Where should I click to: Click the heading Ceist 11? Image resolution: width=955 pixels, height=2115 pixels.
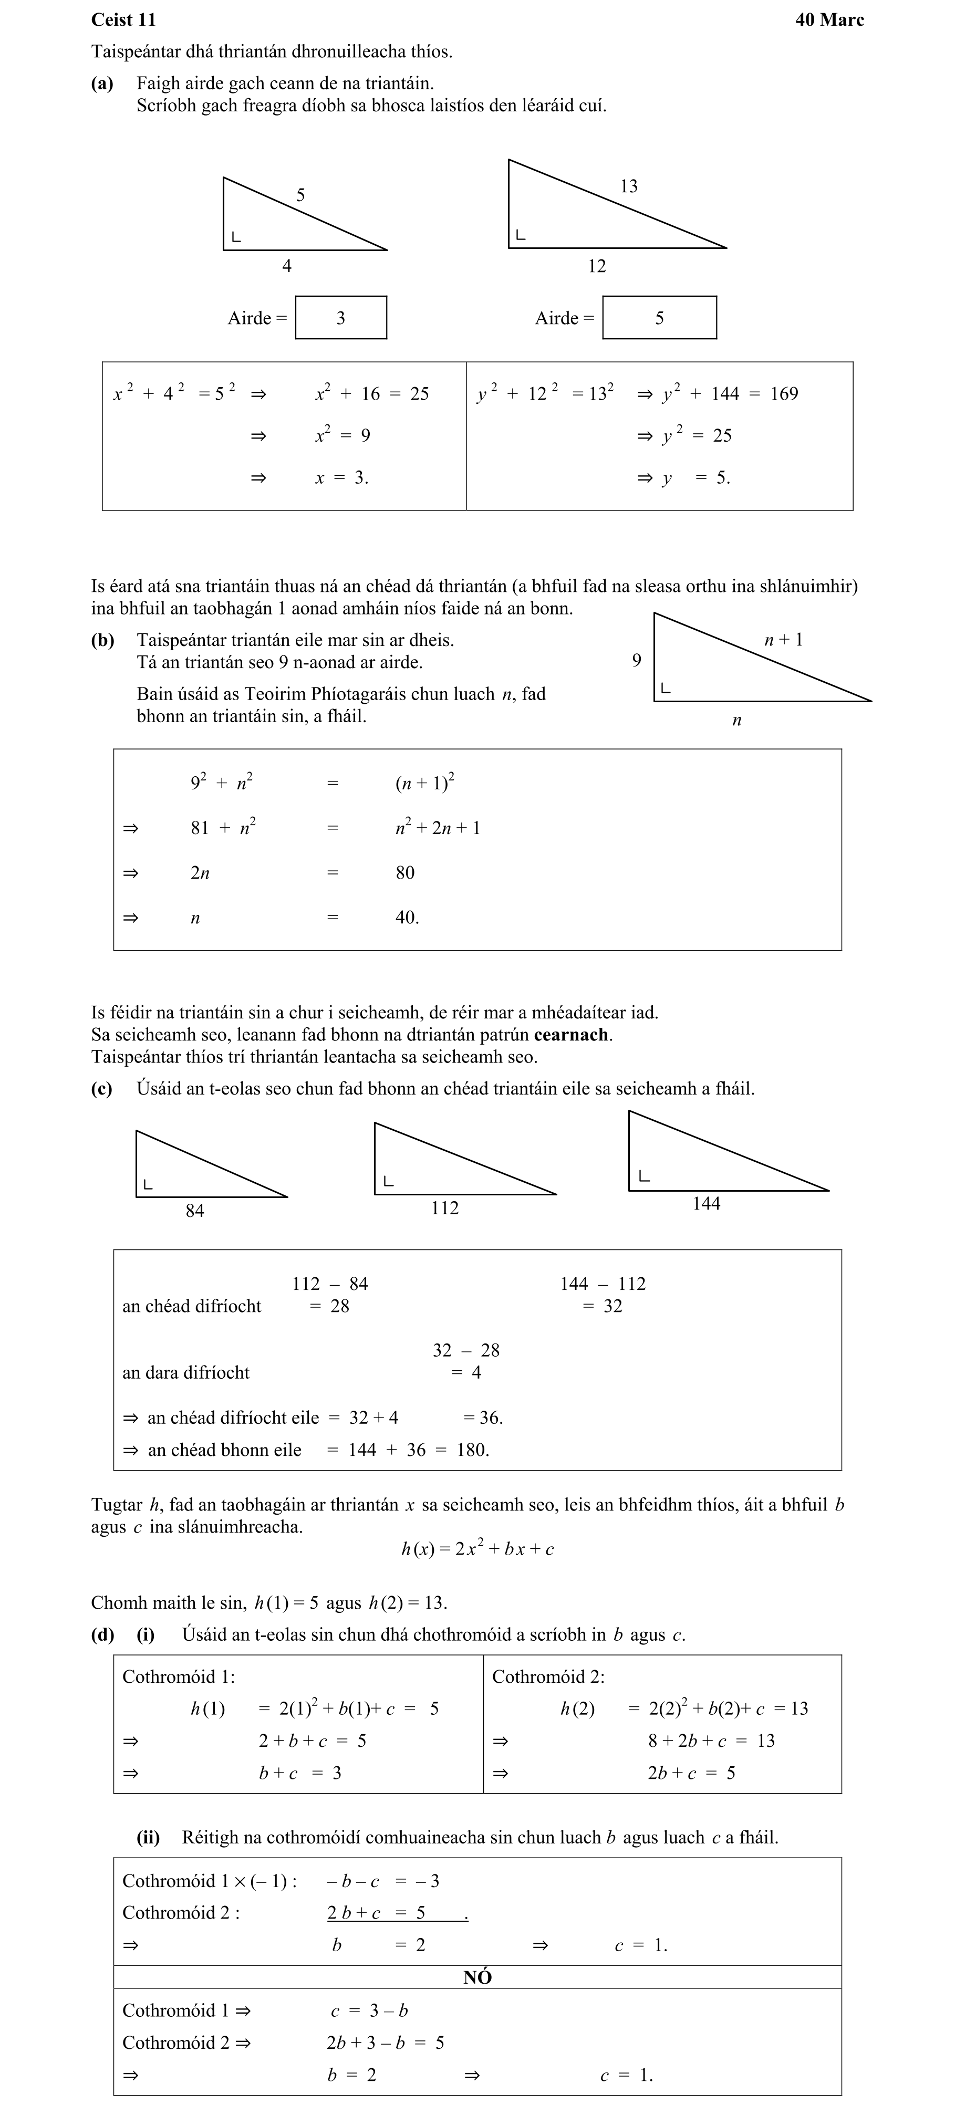[x=123, y=20]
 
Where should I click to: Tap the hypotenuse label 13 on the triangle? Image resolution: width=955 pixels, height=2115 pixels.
[x=628, y=186]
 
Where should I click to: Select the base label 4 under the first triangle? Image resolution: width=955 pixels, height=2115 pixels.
[x=287, y=266]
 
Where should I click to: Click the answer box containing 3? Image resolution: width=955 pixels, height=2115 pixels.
[x=341, y=318]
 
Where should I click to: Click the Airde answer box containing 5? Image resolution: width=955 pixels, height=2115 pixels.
[x=659, y=318]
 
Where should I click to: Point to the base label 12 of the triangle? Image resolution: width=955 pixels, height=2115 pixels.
[x=597, y=266]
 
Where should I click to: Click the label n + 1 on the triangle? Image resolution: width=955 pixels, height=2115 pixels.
[x=783, y=640]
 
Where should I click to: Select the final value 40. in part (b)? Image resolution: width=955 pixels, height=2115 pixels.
[x=407, y=918]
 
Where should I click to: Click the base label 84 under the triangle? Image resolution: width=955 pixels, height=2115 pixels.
[x=194, y=1210]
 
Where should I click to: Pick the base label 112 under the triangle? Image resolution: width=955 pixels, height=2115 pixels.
[x=444, y=1208]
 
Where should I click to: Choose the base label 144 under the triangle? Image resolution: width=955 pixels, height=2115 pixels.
[x=706, y=1204]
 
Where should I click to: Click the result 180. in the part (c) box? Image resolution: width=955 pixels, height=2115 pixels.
[x=473, y=1450]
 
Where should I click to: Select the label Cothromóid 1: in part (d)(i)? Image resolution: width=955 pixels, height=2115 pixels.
[x=178, y=1676]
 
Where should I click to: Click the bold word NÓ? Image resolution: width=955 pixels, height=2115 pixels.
[x=477, y=1977]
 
